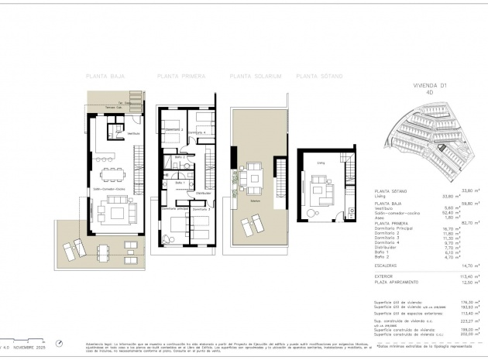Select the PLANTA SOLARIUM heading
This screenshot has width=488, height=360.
pyautogui.click(x=255, y=77)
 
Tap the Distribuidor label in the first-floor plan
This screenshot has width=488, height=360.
pyautogui.click(x=203, y=193)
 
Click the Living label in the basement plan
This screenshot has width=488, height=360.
pyautogui.click(x=319, y=163)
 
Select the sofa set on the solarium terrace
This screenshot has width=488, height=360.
pyautogui.click(x=253, y=177)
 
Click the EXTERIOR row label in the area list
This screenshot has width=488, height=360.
pyautogui.click(x=387, y=276)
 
